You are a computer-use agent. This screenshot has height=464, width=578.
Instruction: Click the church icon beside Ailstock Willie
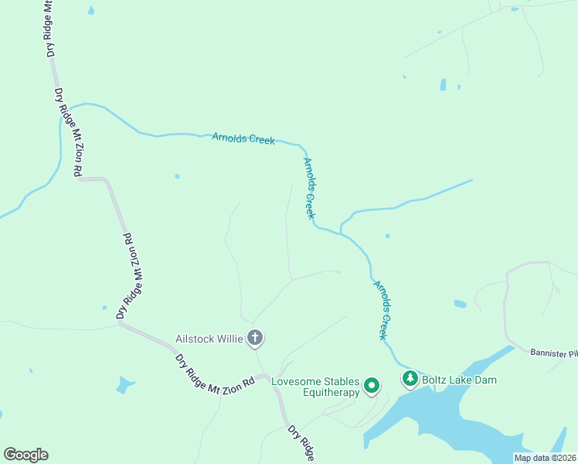tap(255, 338)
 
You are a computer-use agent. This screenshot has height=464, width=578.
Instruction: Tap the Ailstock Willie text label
tap(209, 338)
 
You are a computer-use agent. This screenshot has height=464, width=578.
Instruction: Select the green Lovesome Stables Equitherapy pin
tap(372, 384)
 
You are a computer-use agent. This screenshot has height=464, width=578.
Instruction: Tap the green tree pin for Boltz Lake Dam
tap(410, 379)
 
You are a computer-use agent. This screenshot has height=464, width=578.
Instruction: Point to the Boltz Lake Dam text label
tap(460, 380)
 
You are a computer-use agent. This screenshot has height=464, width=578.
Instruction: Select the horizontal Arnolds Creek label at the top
tap(243, 139)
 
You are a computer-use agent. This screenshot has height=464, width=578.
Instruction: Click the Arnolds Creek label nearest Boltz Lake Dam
tap(382, 309)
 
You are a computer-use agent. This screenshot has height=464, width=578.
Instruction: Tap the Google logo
tap(25, 455)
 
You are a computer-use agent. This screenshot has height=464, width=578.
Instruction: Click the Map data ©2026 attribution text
tap(546, 458)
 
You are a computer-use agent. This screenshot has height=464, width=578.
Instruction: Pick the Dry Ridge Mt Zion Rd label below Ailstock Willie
tap(214, 372)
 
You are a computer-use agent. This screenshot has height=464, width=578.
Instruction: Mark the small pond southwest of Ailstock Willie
tap(124, 384)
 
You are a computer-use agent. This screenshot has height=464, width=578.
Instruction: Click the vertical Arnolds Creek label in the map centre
tap(310, 188)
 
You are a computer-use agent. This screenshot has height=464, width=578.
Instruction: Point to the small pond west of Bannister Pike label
tap(460, 304)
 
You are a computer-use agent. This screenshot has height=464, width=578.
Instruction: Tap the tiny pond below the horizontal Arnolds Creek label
tap(177, 176)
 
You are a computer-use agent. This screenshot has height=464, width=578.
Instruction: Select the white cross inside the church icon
tap(255, 338)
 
